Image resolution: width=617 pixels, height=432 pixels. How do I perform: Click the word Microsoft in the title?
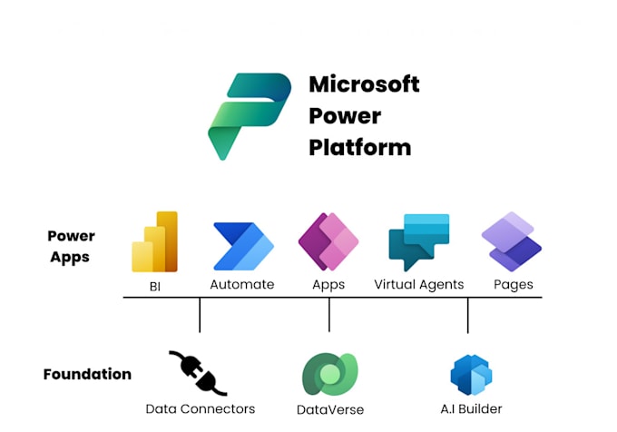(x=364, y=85)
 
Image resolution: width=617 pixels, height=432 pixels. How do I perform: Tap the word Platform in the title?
(x=359, y=147)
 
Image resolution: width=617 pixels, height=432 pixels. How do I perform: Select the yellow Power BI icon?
(x=154, y=242)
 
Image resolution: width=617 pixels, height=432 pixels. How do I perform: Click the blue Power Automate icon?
(x=242, y=245)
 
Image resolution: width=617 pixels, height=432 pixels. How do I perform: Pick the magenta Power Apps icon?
(x=328, y=242)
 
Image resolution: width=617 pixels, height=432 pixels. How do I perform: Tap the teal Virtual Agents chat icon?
(x=418, y=243)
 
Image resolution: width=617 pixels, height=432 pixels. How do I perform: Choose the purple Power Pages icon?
(x=512, y=242)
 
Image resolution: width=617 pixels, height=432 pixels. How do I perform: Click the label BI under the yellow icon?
(x=154, y=285)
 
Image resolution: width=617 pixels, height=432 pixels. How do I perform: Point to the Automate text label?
(x=242, y=285)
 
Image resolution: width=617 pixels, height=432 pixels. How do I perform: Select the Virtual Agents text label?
(x=418, y=285)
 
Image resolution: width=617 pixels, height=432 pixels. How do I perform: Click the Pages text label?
(x=513, y=285)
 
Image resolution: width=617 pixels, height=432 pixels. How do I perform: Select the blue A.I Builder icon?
(x=470, y=374)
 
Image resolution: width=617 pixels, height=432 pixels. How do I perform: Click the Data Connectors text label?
(x=201, y=409)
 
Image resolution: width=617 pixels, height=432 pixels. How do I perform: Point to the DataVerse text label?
(x=330, y=409)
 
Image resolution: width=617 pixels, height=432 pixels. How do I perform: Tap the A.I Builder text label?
(x=471, y=409)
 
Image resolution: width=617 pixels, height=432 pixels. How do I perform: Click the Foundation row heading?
(x=87, y=374)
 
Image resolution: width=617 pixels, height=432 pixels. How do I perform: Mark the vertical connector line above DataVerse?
(x=329, y=314)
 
